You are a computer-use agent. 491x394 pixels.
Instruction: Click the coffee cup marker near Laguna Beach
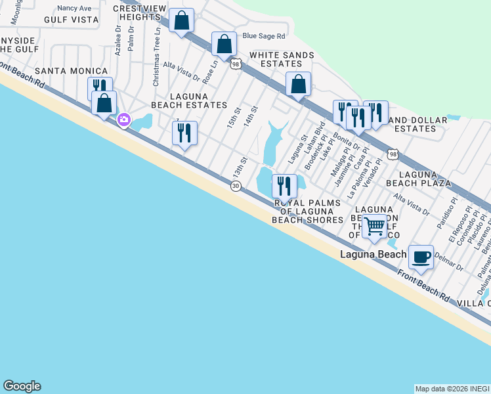[421, 257]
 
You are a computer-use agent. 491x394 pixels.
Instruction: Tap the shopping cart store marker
[375, 225]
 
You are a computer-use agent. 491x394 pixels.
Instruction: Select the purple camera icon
[123, 120]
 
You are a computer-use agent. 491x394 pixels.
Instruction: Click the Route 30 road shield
[235, 186]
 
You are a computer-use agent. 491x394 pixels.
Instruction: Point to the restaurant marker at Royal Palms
[284, 186]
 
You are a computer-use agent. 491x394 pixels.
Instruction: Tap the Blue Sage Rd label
[264, 37]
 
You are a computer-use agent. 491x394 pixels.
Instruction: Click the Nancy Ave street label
[74, 8]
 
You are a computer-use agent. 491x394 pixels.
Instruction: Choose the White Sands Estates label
[278, 60]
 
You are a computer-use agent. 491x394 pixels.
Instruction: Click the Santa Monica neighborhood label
[71, 71]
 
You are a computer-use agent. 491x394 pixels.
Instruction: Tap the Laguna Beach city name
[373, 254]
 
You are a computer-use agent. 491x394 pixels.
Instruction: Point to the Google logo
[22, 386]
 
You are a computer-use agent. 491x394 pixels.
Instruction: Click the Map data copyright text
[452, 389]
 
